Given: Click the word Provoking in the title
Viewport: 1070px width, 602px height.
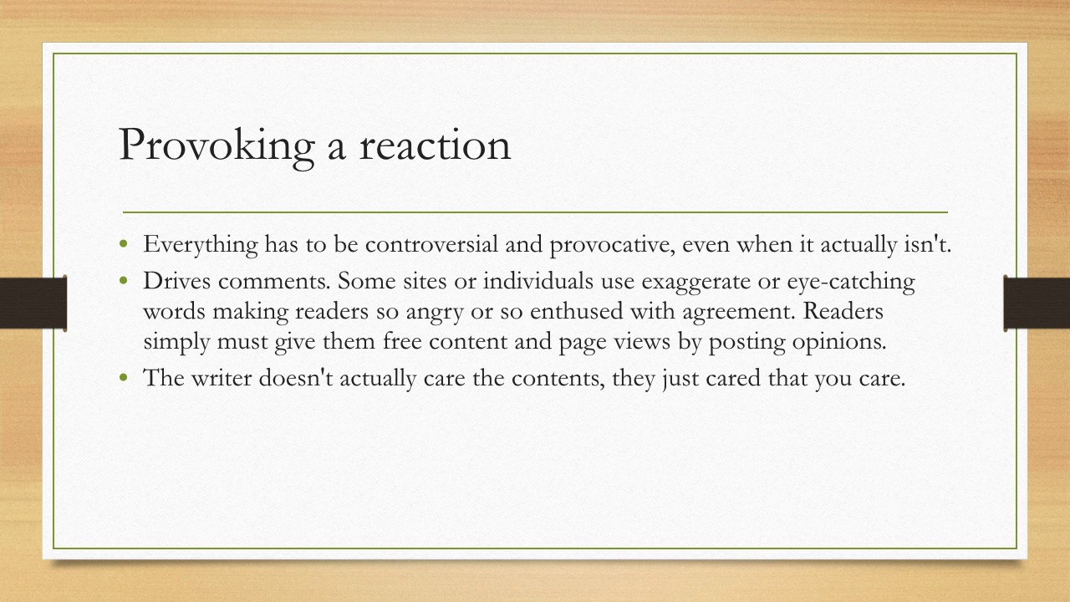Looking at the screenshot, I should pyautogui.click(x=216, y=145).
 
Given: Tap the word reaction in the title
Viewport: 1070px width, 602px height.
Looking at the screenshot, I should pyautogui.click(x=435, y=145).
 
